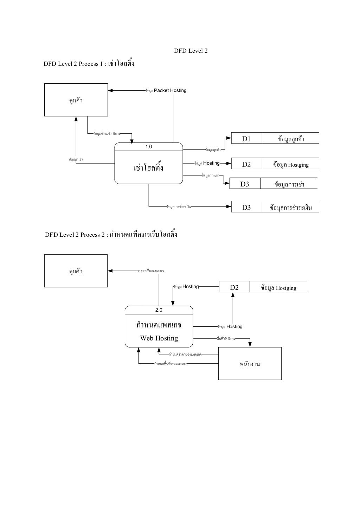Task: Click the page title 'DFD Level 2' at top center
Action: coord(191,51)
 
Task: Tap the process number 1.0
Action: coord(149,147)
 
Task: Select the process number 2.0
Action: coord(159,310)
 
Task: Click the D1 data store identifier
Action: coord(246,139)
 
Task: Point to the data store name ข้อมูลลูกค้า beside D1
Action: coord(291,139)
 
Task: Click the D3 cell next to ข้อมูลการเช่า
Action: coord(245,184)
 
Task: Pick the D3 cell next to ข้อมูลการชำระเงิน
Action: coord(246,208)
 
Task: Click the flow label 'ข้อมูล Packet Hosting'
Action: coord(166,91)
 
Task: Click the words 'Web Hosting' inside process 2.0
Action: coord(159,338)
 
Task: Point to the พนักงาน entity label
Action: coord(250,364)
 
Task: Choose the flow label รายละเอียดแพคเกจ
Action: coord(150,271)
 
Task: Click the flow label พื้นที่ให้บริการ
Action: coord(226,339)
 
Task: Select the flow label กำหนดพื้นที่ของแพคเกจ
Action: coord(171,364)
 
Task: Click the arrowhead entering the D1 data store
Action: coord(229,138)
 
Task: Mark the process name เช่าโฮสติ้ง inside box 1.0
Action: coord(149,168)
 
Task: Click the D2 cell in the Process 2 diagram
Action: coord(234,288)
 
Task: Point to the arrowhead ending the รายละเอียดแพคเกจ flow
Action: coord(110,271)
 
